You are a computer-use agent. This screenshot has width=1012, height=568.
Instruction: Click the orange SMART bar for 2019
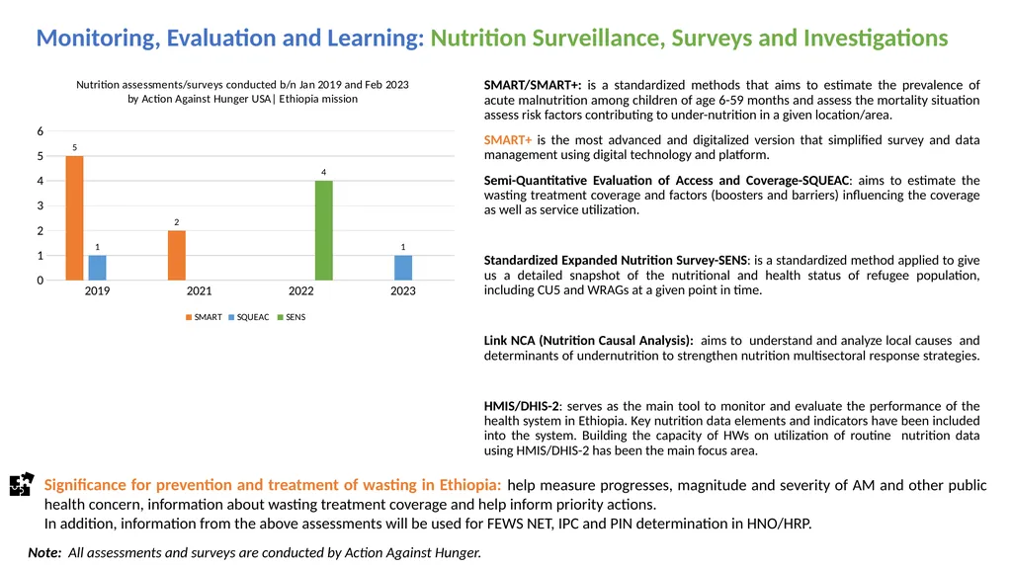coord(74,218)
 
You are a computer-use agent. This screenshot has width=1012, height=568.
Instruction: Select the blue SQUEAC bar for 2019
coord(98,268)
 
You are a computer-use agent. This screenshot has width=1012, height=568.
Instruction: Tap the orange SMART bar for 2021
coord(177,256)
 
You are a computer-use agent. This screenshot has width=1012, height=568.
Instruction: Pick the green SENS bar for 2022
coord(324,230)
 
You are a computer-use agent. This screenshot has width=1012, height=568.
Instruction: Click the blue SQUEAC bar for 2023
coord(403,268)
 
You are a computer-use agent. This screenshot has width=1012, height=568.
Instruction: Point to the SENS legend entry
coord(292,317)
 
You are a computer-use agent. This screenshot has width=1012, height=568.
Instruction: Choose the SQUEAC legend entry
coord(249,317)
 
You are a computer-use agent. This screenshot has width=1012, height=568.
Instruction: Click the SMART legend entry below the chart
coord(204,317)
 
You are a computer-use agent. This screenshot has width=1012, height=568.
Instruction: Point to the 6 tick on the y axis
coord(40,131)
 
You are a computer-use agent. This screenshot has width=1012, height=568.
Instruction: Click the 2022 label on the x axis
coord(301,291)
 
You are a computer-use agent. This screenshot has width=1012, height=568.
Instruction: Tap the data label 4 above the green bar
coord(324,172)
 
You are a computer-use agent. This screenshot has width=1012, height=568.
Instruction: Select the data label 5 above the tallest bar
coord(75,148)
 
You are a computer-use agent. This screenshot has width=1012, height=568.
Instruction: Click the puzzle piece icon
coord(22,484)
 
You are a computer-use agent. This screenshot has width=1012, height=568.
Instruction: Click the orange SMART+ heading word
coord(508,140)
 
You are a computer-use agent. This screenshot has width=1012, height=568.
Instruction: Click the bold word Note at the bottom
coord(44,552)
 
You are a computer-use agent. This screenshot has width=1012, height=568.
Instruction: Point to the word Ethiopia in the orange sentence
coord(469,485)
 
